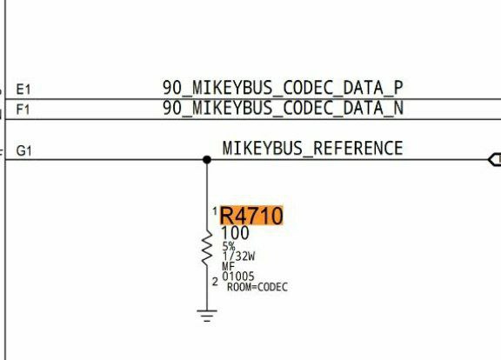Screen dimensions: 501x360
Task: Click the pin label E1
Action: [23, 90]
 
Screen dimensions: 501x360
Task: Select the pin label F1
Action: [23, 110]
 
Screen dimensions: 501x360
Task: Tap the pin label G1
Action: [24, 150]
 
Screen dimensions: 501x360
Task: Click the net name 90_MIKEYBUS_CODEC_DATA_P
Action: [283, 88]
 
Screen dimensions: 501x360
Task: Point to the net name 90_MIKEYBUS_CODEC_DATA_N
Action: [283, 108]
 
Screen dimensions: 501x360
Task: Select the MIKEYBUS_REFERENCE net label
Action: [312, 148]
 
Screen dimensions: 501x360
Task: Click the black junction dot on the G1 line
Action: [207, 159]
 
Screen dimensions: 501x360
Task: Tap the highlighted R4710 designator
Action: [251, 216]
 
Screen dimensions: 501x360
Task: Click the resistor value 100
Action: [235, 233]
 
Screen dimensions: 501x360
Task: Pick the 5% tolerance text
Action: [229, 246]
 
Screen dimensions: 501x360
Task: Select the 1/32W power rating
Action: [238, 256]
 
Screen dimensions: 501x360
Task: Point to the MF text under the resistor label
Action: [228, 266]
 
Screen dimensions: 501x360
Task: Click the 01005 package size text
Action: [238, 276]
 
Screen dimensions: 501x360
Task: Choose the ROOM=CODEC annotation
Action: [257, 287]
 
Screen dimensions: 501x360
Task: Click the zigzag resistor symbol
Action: [207, 248]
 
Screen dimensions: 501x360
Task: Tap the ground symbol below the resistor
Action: [207, 316]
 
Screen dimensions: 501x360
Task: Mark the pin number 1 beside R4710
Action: [215, 210]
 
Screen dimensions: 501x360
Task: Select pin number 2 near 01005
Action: [215, 282]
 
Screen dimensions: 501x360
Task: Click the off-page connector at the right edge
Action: [495, 159]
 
